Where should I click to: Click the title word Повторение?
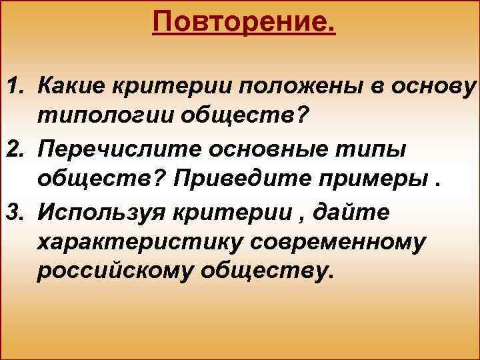click(x=244, y=23)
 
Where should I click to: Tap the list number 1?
click(x=14, y=87)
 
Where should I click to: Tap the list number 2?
click(x=14, y=151)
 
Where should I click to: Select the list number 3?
click(x=14, y=215)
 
